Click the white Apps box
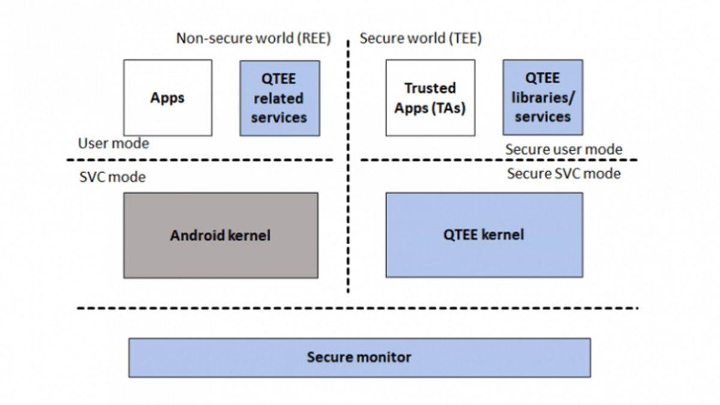pyautogui.click(x=167, y=97)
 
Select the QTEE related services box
pyautogui.click(x=278, y=97)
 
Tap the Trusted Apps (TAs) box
pyautogui.click(x=430, y=97)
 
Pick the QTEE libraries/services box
pyautogui.click(x=542, y=97)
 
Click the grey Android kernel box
pyautogui.click(x=220, y=235)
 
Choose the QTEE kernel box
pyautogui.click(x=483, y=234)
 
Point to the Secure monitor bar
pyautogui.click(x=359, y=358)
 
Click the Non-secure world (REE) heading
pyautogui.click(x=253, y=39)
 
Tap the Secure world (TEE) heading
pyautogui.click(x=420, y=39)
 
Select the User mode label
pyautogui.click(x=113, y=143)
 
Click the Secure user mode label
pyautogui.click(x=563, y=149)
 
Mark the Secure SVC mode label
pyautogui.click(x=563, y=174)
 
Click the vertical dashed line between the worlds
pyautogui.click(x=348, y=180)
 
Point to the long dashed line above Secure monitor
pyautogui.click(x=358, y=308)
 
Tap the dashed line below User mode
pyautogui.click(x=200, y=160)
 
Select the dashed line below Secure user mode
pyautogui.click(x=498, y=160)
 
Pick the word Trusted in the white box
pyautogui.click(x=430, y=88)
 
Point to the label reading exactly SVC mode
pyautogui.click(x=112, y=177)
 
